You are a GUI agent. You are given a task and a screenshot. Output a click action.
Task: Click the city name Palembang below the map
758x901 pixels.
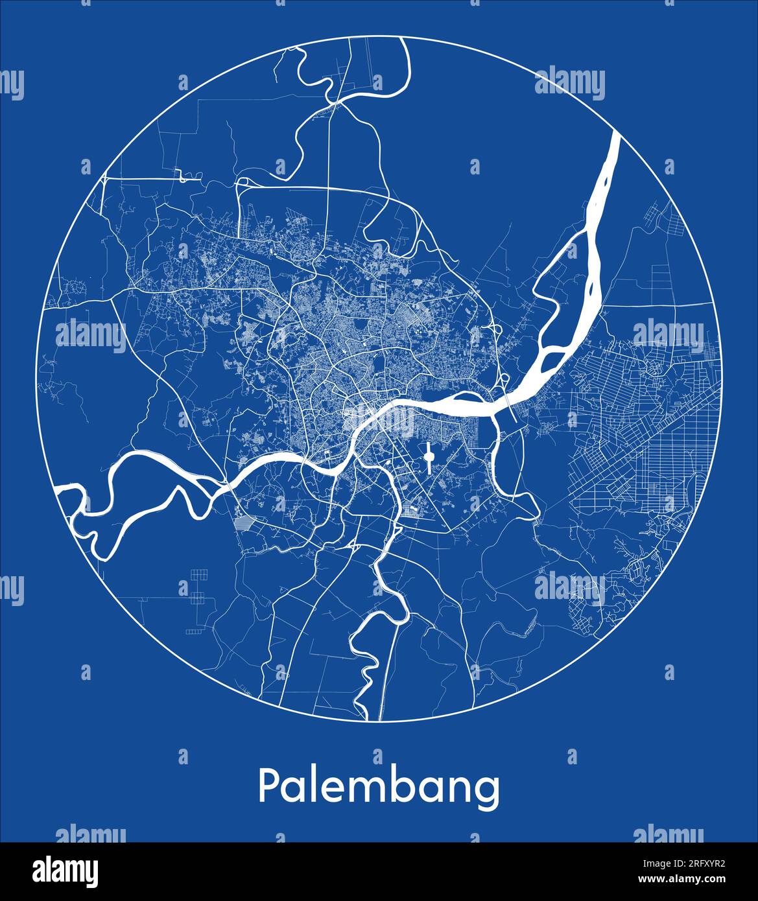point(379,787)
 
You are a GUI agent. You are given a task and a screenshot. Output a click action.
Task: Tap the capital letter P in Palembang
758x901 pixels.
point(268,786)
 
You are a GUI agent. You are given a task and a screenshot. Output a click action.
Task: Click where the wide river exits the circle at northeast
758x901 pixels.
point(615,137)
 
